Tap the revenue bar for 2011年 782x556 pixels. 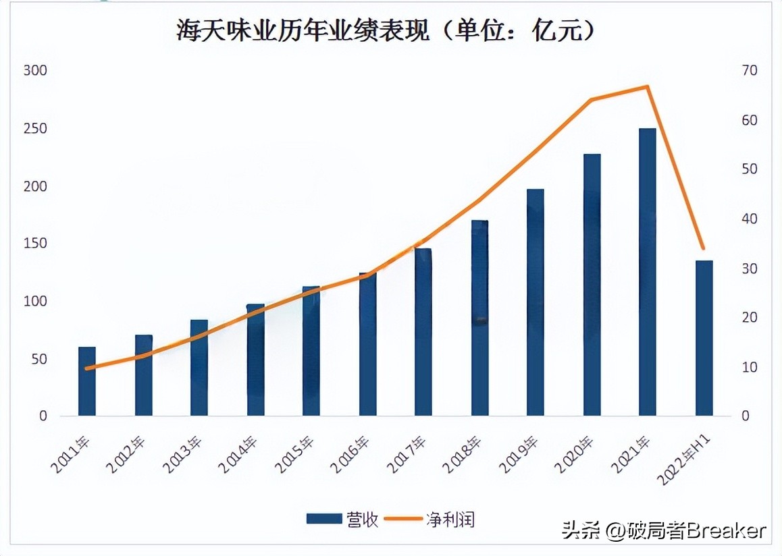[x=87, y=381]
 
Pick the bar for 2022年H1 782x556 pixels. [x=704, y=337]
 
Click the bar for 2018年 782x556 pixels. [x=479, y=317]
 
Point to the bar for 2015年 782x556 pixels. [x=311, y=351]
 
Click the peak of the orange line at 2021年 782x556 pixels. [x=648, y=86]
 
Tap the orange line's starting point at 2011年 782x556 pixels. [x=87, y=368]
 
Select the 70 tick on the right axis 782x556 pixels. [x=750, y=71]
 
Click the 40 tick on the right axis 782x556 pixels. [x=750, y=219]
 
